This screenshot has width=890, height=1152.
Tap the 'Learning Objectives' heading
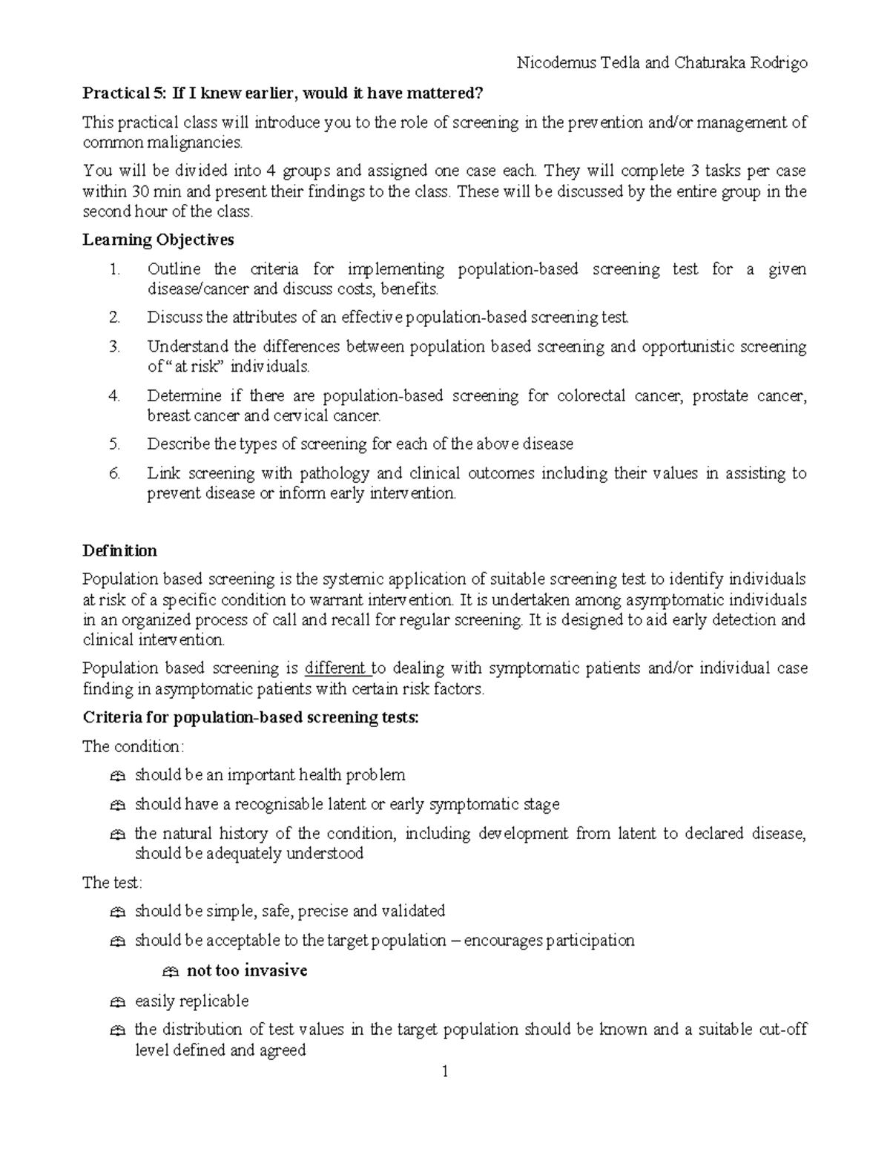(158, 240)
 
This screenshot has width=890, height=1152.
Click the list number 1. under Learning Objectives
(114, 269)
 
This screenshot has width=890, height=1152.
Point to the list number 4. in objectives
(114, 396)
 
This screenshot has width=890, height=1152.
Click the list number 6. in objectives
(114, 473)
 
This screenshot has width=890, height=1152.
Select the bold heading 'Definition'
(119, 550)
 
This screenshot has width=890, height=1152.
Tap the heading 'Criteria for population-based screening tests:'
(251, 718)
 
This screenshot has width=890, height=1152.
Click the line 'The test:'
(112, 883)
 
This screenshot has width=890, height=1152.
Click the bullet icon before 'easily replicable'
(117, 1002)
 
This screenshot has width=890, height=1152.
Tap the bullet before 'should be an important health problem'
(117, 776)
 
